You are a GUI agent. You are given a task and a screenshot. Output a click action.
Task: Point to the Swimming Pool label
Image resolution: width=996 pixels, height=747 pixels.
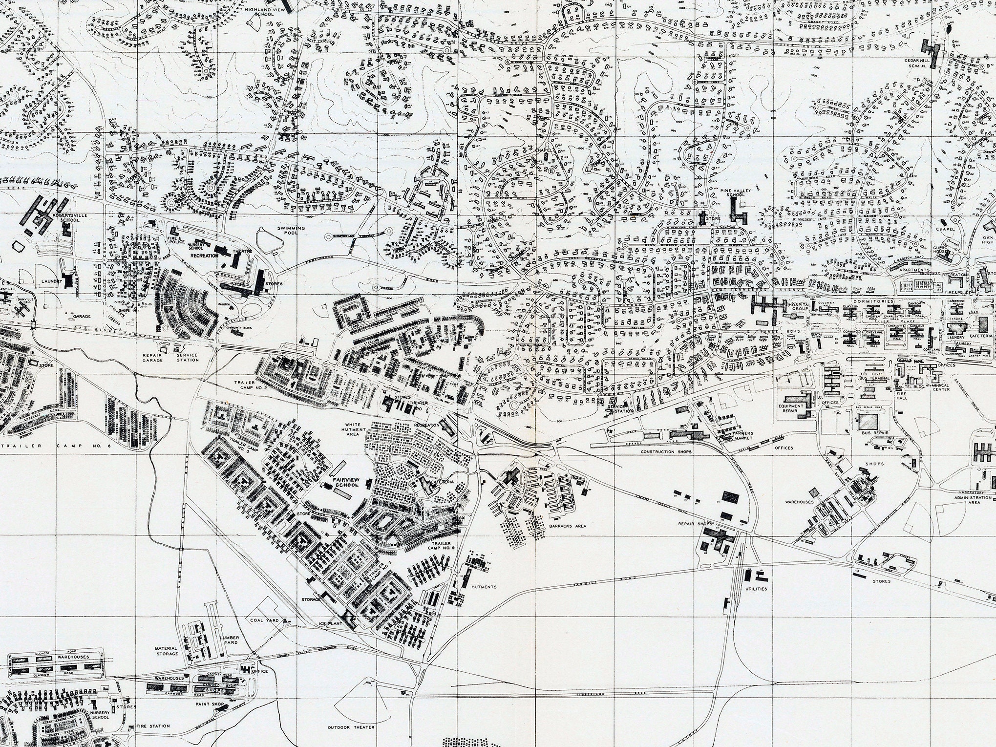pos(291,231)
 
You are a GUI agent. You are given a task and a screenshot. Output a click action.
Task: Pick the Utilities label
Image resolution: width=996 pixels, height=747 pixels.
pos(756,589)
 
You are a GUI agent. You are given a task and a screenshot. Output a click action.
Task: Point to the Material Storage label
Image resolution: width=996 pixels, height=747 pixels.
pos(167,650)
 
